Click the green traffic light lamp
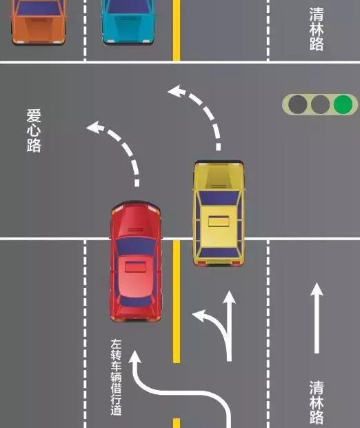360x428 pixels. (343, 104)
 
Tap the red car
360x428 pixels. (136, 262)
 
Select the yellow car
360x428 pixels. (219, 213)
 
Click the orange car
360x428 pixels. (38, 22)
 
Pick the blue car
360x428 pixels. (128, 22)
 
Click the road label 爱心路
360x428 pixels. (34, 130)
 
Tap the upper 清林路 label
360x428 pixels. (317, 29)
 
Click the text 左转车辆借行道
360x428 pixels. (116, 377)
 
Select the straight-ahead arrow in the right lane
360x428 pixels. (317, 318)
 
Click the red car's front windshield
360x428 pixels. (136, 246)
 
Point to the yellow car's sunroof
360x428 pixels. (219, 221)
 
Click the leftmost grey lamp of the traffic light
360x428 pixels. (297, 104)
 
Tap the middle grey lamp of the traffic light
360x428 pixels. (320, 104)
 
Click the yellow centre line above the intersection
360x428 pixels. (177, 30)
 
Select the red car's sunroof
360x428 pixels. (135, 266)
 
